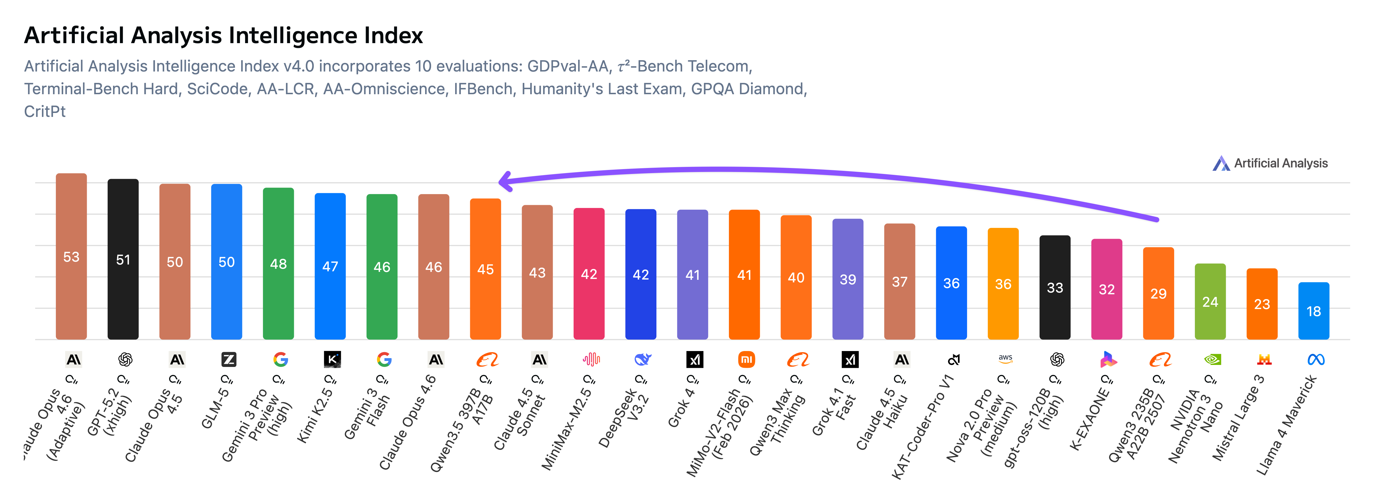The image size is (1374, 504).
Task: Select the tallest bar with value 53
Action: click(x=71, y=256)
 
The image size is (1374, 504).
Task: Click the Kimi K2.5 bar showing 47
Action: click(x=330, y=266)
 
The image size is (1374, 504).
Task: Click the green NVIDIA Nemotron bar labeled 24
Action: click(x=1210, y=302)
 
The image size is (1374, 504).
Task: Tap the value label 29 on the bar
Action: click(x=1159, y=294)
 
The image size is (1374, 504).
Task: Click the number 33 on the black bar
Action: click(x=1055, y=288)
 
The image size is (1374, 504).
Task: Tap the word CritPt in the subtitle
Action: click(x=45, y=112)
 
